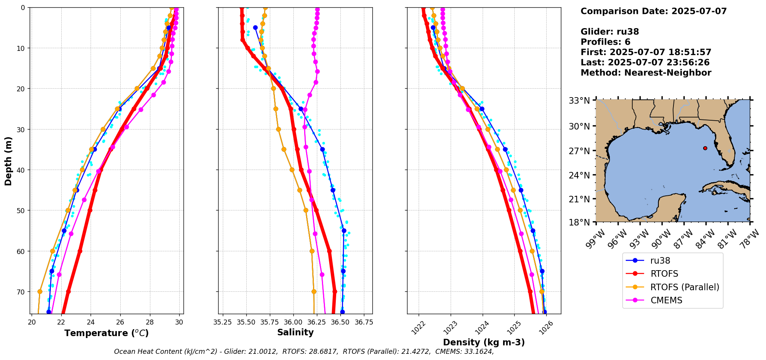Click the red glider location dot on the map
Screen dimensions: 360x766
[x=705, y=148]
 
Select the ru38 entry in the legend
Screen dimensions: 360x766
[x=660, y=261]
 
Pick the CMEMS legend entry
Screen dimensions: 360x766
[x=666, y=300]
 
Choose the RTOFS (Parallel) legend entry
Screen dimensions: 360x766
[x=685, y=287]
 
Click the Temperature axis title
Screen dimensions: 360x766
[x=106, y=333]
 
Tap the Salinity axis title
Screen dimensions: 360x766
[x=295, y=332]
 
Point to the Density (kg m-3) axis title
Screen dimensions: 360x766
[x=484, y=342]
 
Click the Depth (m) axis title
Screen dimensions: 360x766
[x=8, y=161]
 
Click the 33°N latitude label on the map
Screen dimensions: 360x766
[x=579, y=101]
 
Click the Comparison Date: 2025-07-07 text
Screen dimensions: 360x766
[x=653, y=11]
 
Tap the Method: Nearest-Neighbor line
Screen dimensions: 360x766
[x=646, y=72]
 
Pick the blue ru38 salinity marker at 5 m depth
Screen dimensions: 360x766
[x=255, y=28]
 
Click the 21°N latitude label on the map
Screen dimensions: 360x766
[x=579, y=199]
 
